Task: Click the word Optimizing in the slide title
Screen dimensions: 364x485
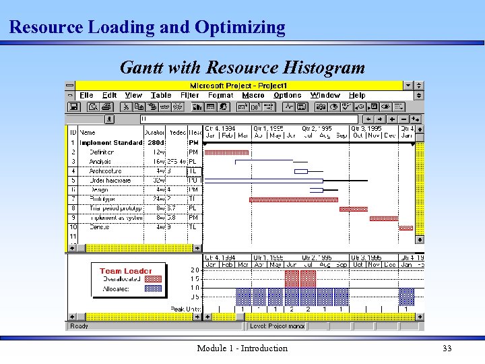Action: click(x=240, y=28)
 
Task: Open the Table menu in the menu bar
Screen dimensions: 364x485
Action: click(x=161, y=96)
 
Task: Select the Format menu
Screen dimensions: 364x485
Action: click(x=220, y=96)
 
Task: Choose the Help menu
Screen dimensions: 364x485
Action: click(x=357, y=96)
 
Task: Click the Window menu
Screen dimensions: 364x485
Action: click(x=325, y=96)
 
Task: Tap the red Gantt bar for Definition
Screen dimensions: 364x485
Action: click(x=226, y=152)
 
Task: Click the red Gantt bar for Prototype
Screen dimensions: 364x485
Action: click(x=294, y=200)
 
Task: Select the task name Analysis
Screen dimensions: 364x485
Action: click(x=100, y=162)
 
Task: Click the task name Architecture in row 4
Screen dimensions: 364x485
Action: click(x=105, y=171)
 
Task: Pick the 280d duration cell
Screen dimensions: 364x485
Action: click(x=156, y=143)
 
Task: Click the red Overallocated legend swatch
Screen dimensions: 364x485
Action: click(x=154, y=278)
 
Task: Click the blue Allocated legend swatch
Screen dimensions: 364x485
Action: click(x=154, y=289)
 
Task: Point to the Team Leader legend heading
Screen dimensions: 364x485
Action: click(x=126, y=271)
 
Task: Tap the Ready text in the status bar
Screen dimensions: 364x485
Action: click(x=79, y=326)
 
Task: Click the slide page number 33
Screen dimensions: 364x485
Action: click(x=447, y=348)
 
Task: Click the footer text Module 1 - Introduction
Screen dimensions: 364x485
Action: click(x=242, y=348)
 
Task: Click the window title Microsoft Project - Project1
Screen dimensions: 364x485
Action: click(x=238, y=86)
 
